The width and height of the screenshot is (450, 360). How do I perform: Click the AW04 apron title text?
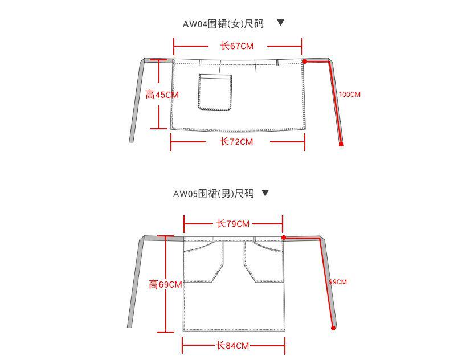pos(223,24)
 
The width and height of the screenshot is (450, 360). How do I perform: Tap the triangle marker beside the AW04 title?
pos(280,23)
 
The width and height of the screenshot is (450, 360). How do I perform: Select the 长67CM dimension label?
pos(236,46)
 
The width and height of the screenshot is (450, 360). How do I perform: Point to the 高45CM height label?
pos(162,95)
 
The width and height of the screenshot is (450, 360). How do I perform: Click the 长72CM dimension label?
pos(236,142)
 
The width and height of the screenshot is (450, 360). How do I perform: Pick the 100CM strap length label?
pos(350,95)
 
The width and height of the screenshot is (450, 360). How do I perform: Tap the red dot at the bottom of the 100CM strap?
pos(341,144)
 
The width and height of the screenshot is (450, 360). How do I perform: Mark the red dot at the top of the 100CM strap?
pos(305,61)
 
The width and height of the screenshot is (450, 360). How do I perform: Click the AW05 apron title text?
pos(213,194)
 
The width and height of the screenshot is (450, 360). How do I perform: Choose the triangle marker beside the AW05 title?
pos(264,193)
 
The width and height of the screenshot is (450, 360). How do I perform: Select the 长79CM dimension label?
pos(233,224)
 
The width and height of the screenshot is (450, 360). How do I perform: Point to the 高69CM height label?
pos(165,284)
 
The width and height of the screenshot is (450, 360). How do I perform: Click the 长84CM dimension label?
pos(232,346)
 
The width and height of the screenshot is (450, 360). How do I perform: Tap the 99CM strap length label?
pos(338,282)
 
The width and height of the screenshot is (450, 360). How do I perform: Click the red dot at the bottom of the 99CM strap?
pos(333,328)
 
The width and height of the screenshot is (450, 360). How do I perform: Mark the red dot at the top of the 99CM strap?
pos(284,238)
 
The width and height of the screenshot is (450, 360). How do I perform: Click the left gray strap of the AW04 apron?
pos(137,100)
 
